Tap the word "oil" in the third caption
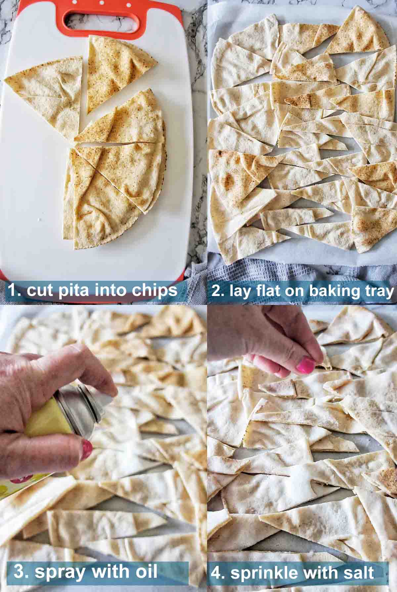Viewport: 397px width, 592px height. click(145, 571)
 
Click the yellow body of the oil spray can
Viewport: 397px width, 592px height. click(50, 417)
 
